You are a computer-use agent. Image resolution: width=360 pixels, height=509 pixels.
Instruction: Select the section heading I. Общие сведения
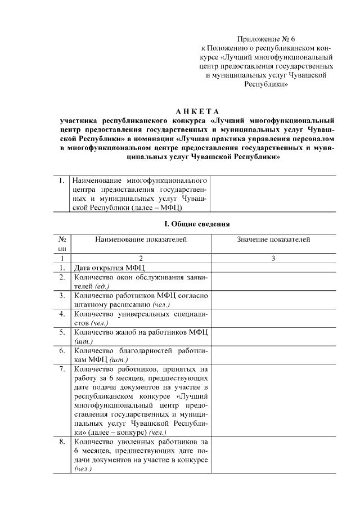click(197, 224)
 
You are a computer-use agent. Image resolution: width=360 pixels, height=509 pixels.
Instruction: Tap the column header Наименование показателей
click(141, 240)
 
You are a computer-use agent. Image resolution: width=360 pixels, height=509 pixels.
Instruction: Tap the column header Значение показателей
click(273, 240)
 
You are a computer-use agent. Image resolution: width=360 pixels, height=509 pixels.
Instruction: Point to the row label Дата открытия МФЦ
click(107, 267)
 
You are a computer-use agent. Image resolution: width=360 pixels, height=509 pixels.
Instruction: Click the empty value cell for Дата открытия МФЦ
click(273, 267)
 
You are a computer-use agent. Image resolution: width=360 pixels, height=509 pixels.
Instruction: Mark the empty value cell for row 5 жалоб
click(273, 336)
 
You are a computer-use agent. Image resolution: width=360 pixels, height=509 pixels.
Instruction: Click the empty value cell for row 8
click(273, 456)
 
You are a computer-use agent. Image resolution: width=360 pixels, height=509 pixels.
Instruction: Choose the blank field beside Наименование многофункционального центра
click(273, 195)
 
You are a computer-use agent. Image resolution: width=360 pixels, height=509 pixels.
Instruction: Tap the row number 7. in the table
click(61, 369)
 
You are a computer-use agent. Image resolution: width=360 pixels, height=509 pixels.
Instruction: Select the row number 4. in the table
click(61, 314)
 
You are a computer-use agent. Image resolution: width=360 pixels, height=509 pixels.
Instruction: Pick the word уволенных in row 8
click(139, 442)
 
